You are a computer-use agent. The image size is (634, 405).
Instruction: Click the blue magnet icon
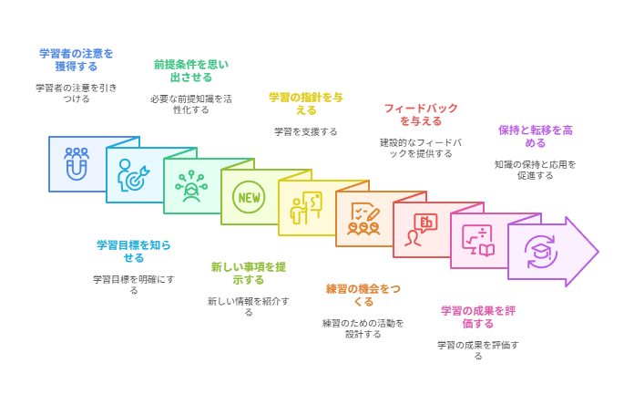tap(77, 163)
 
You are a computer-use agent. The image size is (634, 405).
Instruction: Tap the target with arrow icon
tap(133, 175)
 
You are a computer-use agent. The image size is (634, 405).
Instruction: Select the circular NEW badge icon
tap(249, 197)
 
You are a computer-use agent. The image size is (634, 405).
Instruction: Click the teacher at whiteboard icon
tap(306, 208)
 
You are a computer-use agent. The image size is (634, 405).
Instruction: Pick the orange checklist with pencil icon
tap(363, 219)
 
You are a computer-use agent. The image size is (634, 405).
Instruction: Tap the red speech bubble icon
tap(421, 230)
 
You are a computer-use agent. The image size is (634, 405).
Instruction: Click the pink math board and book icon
tap(478, 241)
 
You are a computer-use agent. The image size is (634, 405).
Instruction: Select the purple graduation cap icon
tap(540, 252)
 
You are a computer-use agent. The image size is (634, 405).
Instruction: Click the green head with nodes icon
tap(191, 186)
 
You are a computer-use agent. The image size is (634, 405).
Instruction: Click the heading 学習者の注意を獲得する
tap(77, 60)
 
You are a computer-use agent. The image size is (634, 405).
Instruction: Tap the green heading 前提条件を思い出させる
tap(191, 71)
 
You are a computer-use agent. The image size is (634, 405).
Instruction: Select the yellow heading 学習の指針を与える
tap(306, 104)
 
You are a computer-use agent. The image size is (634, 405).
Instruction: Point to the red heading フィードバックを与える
tap(421, 115)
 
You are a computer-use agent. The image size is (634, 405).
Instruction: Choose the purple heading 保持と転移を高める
tap(536, 137)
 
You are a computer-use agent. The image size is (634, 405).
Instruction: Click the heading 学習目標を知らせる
tap(134, 251)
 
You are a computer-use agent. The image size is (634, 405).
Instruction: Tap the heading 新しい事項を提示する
tap(249, 274)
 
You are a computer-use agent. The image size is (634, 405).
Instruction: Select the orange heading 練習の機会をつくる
tap(363, 296)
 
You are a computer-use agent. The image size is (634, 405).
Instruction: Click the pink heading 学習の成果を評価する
tap(478, 317)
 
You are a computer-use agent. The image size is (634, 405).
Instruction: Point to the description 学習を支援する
tap(306, 131)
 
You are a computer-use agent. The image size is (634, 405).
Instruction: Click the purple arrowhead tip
tap(598, 252)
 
